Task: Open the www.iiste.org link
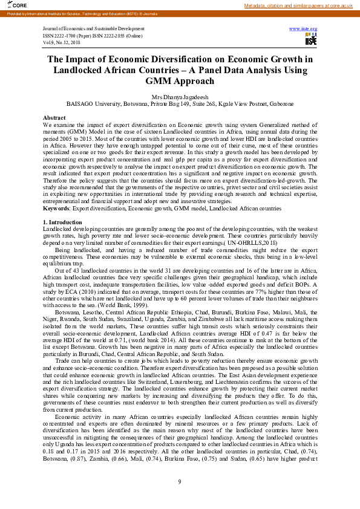click(x=303, y=28)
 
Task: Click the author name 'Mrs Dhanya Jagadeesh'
click(x=180, y=96)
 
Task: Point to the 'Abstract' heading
click(x=54, y=117)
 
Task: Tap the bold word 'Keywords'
click(x=56, y=209)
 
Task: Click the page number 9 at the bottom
click(x=180, y=481)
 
